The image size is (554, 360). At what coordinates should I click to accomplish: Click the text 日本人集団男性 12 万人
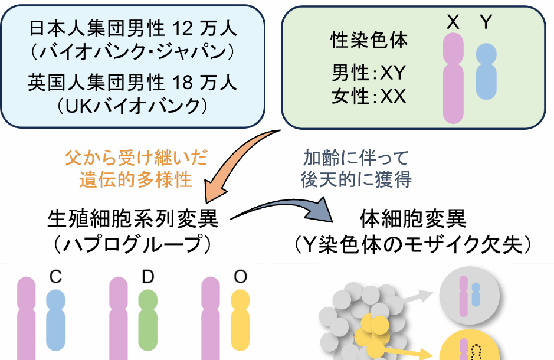(132, 28)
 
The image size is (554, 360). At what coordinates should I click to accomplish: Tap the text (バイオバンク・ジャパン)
(132, 51)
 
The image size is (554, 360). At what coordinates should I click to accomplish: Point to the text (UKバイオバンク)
(132, 106)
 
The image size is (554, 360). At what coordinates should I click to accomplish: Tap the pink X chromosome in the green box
(453, 78)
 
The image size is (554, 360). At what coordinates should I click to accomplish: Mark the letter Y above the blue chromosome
(486, 22)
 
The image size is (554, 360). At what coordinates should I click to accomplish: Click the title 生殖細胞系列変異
(132, 220)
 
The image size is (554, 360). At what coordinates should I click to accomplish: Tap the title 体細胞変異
(413, 220)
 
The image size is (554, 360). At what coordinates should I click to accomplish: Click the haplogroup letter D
(147, 277)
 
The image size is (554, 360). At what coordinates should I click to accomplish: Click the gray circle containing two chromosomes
(470, 296)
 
